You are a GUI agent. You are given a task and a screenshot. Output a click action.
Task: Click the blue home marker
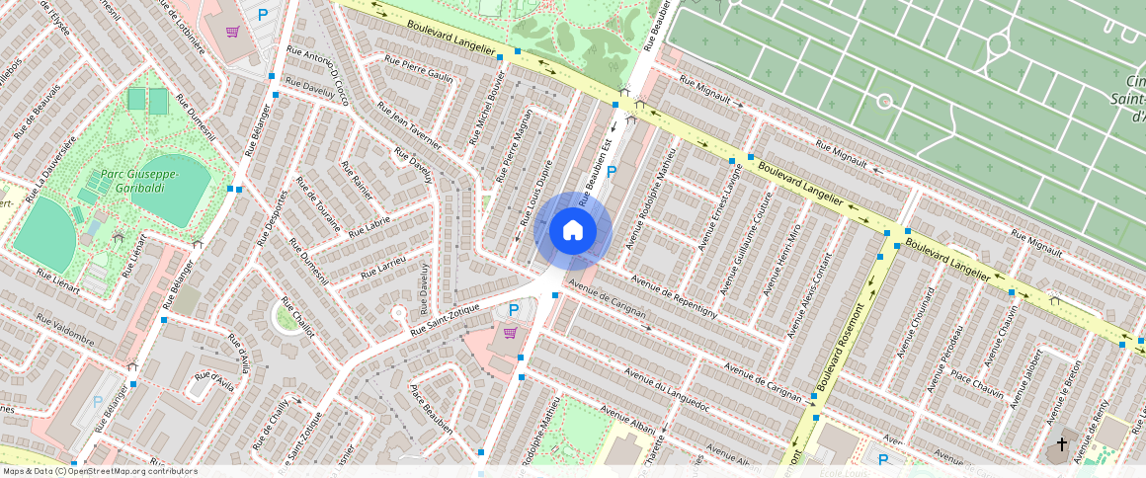(x=573, y=231)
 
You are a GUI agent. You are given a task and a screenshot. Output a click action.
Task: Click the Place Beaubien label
(x=432, y=409)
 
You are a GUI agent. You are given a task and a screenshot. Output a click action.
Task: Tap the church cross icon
(x=1062, y=444)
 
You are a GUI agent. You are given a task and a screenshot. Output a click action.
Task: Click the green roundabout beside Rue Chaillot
(x=287, y=318)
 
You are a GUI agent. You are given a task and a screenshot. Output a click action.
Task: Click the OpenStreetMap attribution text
(x=100, y=471)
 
